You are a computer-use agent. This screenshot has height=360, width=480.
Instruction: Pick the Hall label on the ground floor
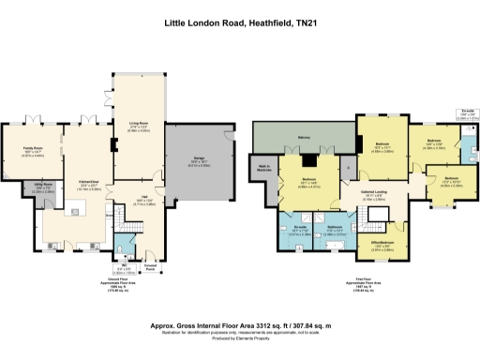click(x=132, y=198)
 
